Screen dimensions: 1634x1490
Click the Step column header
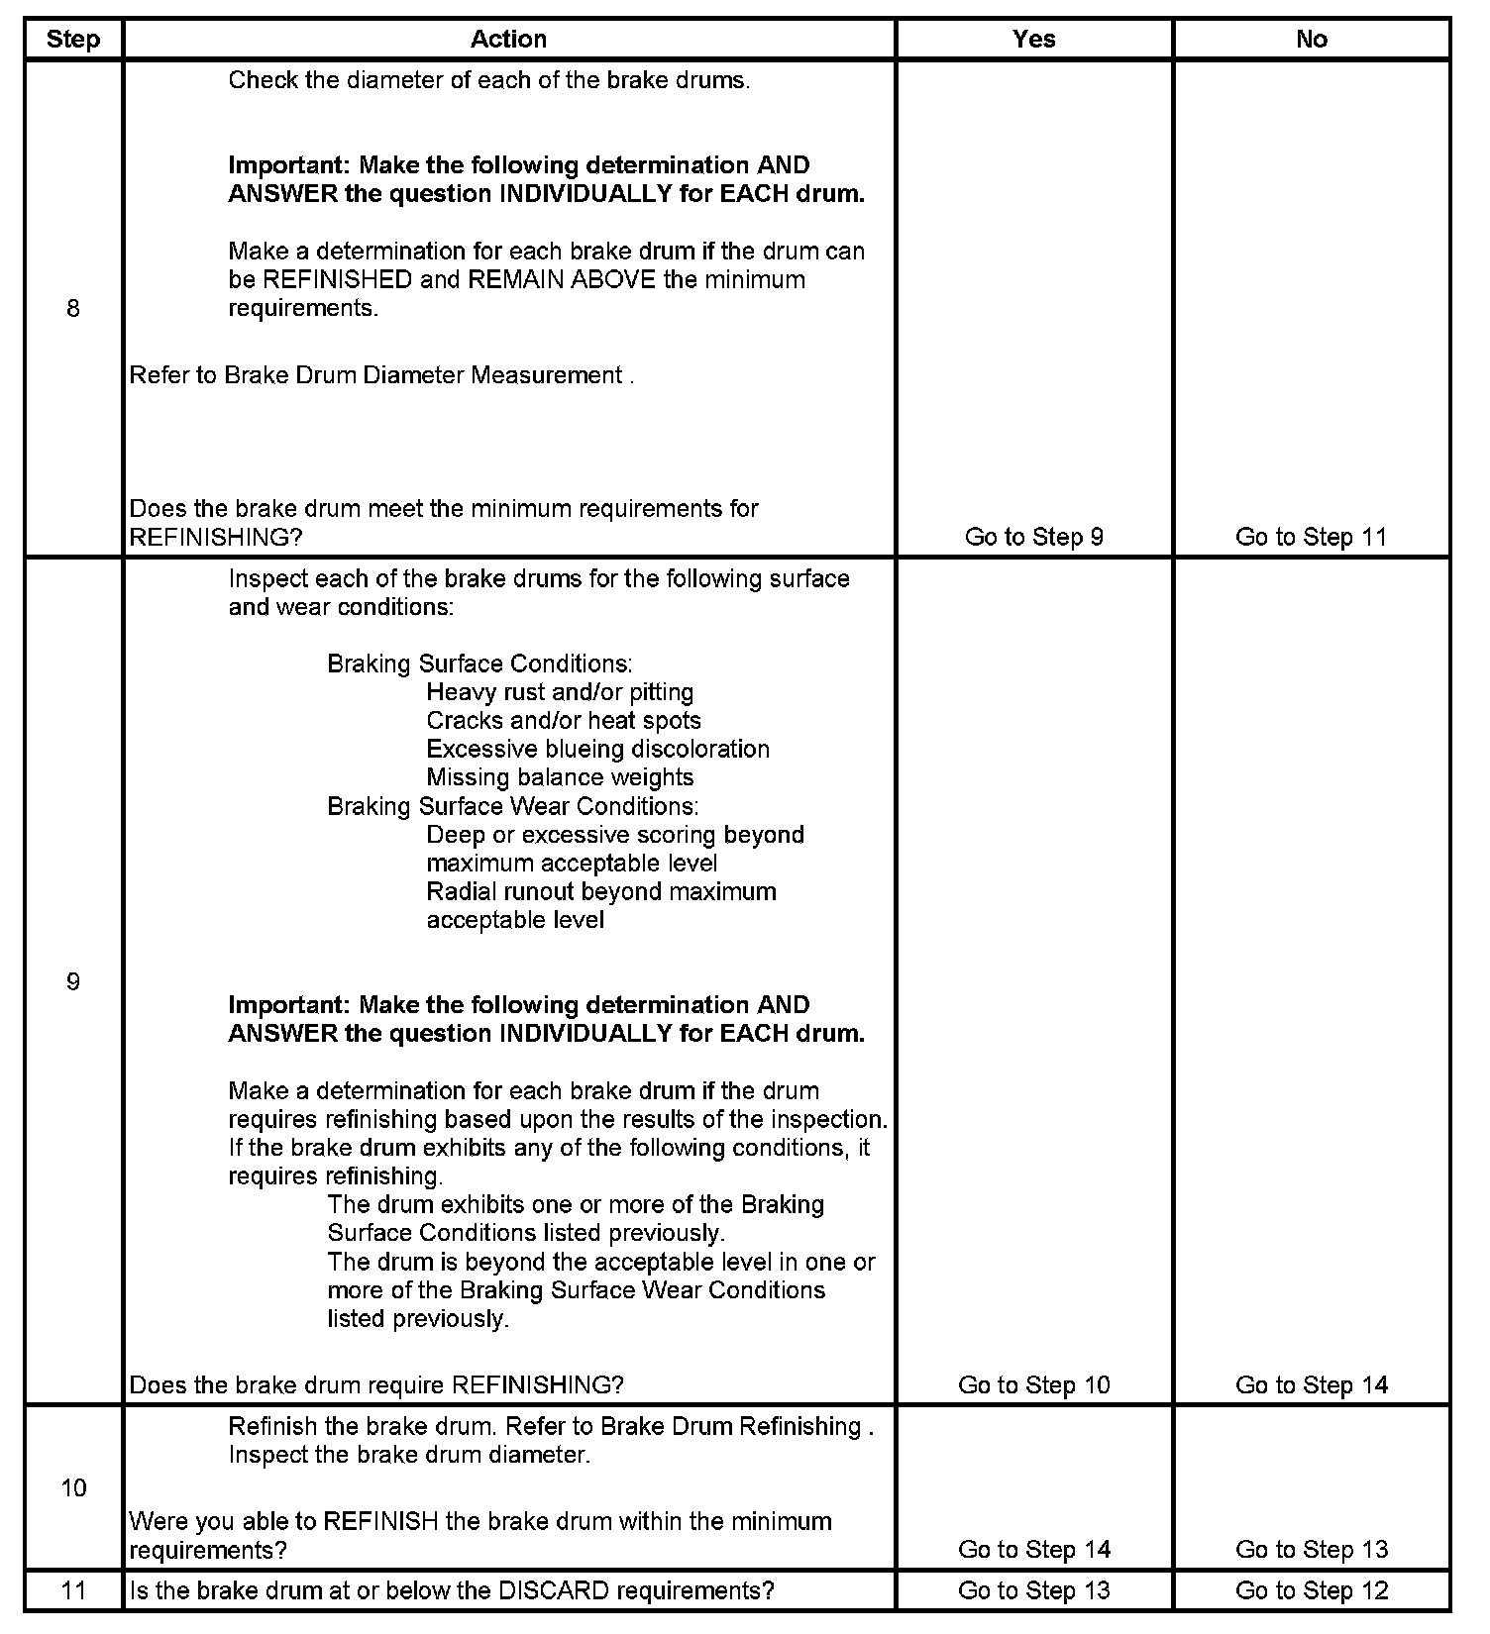coord(73,40)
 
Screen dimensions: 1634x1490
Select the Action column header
coord(508,40)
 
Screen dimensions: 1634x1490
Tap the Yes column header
coord(1033,40)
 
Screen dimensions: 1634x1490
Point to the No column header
coord(1311,40)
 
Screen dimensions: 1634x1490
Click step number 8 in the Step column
coord(73,309)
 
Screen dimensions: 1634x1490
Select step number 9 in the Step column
coord(73,981)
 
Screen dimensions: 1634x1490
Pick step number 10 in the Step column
coord(73,1487)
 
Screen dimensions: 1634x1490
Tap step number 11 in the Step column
coord(73,1590)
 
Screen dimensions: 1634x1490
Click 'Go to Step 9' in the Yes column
coord(1033,537)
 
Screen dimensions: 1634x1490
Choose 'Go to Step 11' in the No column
coord(1311,537)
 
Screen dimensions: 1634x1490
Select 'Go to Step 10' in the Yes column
coord(1033,1384)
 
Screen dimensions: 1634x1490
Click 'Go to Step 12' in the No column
coord(1311,1590)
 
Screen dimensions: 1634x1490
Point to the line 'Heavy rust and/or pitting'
coord(560,692)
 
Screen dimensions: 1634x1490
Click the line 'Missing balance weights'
coord(560,777)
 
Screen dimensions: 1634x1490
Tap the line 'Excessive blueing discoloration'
coord(597,749)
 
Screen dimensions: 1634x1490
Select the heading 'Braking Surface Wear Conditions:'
coord(512,806)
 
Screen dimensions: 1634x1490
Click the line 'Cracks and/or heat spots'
coord(564,721)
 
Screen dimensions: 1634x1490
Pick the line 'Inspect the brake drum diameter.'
coord(409,1455)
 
